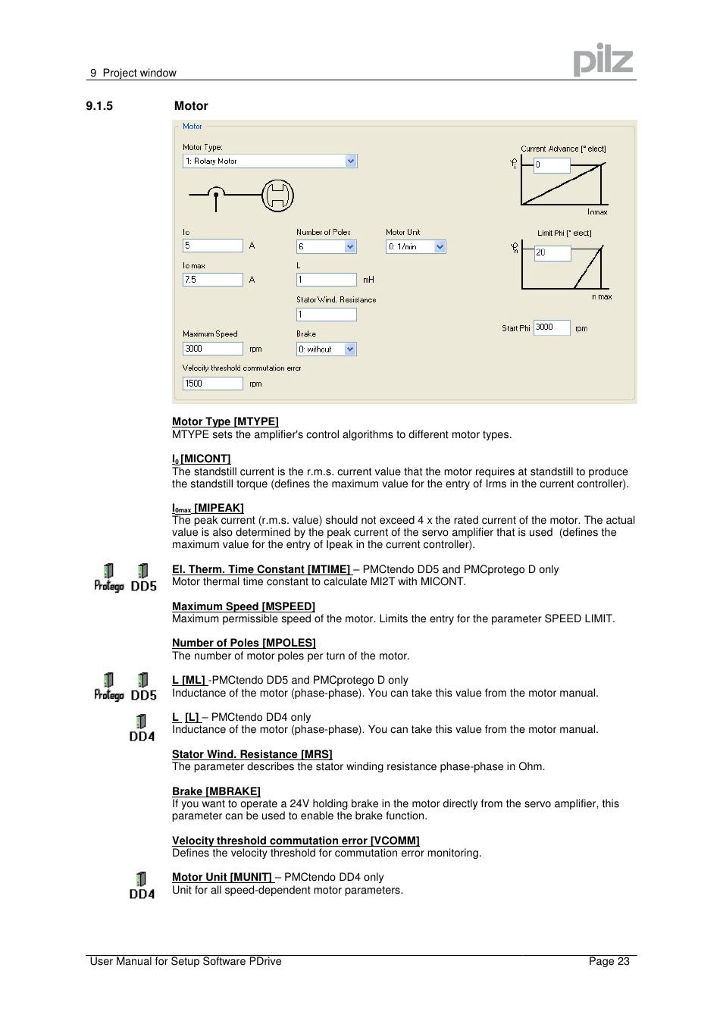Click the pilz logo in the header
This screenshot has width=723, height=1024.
(602, 60)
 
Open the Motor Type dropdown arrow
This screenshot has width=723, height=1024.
(351, 161)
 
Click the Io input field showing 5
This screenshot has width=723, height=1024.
(212, 246)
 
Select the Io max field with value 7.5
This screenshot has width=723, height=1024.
(212, 280)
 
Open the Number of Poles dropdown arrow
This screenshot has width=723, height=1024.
(350, 247)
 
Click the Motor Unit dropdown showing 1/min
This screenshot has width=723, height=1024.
(415, 247)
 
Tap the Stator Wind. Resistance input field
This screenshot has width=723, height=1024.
(326, 315)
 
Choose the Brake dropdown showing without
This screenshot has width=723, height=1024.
(326, 349)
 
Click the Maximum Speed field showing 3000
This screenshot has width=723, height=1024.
(212, 349)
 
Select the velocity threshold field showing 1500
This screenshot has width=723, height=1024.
(212, 384)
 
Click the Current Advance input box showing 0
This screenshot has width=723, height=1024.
(552, 165)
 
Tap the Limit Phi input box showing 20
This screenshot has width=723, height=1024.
(552, 253)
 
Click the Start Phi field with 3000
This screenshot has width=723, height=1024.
(551, 327)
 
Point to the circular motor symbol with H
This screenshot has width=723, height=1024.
(277, 196)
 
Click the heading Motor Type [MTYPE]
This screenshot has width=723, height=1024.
(225, 421)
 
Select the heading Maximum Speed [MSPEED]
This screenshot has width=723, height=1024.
(243, 606)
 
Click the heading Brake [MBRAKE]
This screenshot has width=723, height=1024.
(216, 791)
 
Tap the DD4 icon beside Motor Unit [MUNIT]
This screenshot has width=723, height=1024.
(142, 885)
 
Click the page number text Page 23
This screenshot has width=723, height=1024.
(609, 961)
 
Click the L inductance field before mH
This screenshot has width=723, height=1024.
(326, 280)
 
